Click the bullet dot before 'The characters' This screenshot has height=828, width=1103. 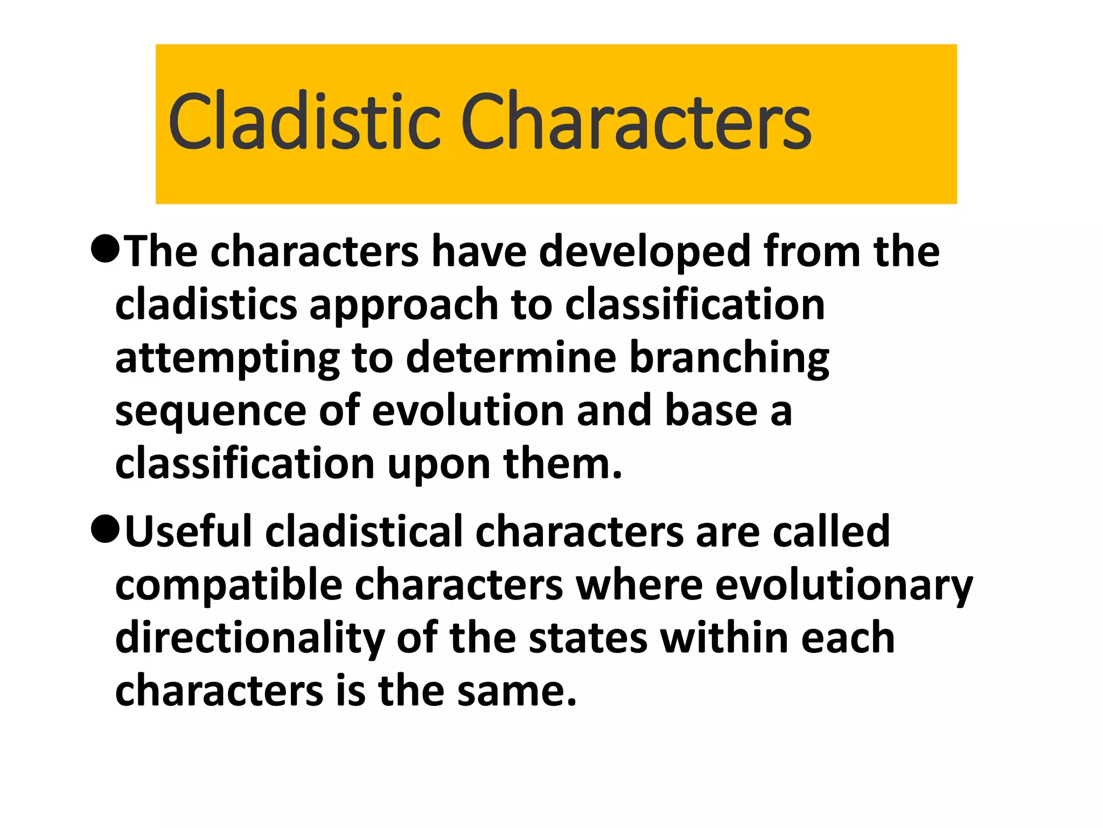[x=105, y=249]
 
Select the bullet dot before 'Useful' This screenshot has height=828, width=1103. [x=105, y=529]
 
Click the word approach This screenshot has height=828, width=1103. [x=403, y=305]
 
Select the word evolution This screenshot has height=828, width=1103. [x=467, y=411]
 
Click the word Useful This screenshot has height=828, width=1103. [x=189, y=532]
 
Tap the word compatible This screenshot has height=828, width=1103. [x=228, y=585]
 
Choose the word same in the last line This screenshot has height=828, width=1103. [x=517, y=691]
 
